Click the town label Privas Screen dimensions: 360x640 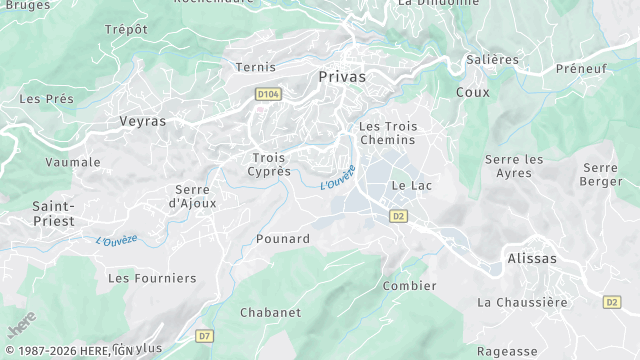point(342,76)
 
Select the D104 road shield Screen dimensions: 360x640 point(267,93)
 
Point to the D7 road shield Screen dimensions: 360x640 point(205,336)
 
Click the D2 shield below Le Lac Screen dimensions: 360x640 point(398,215)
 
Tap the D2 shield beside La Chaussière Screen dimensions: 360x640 point(612,301)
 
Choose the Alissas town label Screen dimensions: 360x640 point(532,258)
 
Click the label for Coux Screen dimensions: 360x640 point(472,91)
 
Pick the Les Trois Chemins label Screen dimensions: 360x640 point(388,133)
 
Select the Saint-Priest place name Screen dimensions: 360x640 point(53,213)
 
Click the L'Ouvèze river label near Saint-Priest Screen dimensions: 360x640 point(117,240)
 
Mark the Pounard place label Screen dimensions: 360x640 point(283,239)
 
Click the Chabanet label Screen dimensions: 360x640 point(270,312)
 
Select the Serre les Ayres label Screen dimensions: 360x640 point(514,166)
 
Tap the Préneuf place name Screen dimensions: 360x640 point(581,69)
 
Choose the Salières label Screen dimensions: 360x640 point(493,59)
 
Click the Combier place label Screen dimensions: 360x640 point(410,286)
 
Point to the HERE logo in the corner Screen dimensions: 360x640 point(21,324)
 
